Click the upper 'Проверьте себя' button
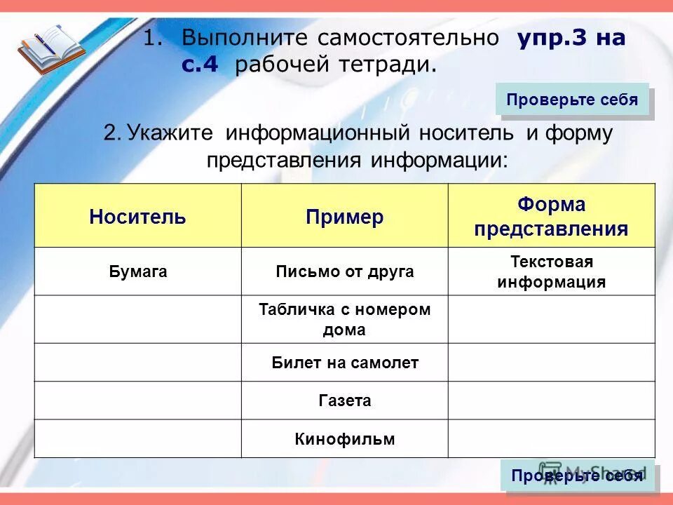click(x=572, y=100)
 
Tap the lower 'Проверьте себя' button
click(x=577, y=476)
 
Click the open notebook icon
click(x=49, y=48)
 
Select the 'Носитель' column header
click(x=137, y=216)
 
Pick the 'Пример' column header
click(x=344, y=216)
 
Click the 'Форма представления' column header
click(x=551, y=216)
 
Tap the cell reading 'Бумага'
click(x=137, y=271)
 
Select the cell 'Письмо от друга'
click(x=344, y=271)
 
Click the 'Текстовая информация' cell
click(x=551, y=272)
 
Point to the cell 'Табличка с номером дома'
click(x=344, y=319)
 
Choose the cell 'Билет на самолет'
click(x=344, y=363)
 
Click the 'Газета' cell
click(x=344, y=400)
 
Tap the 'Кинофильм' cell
click(x=344, y=439)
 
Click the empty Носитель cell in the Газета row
click(x=137, y=400)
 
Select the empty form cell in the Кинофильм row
click(x=551, y=439)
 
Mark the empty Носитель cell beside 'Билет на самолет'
click(x=137, y=363)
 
